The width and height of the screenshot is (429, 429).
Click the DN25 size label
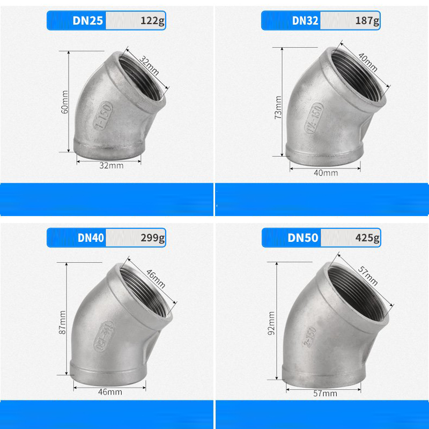click(87, 20)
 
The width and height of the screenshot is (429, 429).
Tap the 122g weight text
click(152, 21)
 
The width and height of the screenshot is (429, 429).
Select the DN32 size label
click(305, 20)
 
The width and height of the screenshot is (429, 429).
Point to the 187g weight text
click(367, 21)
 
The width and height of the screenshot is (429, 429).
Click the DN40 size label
click(91, 238)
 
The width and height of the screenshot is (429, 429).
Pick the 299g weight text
click(153, 238)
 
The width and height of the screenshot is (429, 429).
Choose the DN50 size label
click(303, 238)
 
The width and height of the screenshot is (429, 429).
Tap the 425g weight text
click(367, 238)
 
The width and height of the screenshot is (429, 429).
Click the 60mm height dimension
click(64, 102)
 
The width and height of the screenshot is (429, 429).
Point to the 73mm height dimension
click(278, 107)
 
